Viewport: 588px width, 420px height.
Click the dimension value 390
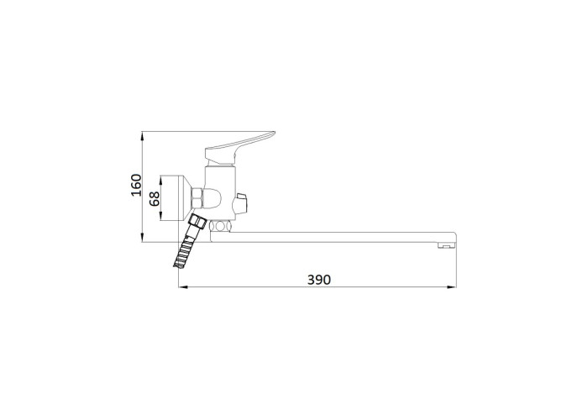(x=319, y=280)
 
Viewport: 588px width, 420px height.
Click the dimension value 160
(x=136, y=185)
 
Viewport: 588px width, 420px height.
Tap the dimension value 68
(x=155, y=198)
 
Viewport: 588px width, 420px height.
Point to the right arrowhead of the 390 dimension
(x=452, y=287)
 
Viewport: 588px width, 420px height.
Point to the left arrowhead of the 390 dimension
(x=183, y=287)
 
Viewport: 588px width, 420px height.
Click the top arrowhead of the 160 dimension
(x=143, y=136)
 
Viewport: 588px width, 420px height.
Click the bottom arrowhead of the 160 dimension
(x=143, y=238)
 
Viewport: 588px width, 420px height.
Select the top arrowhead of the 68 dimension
(x=160, y=181)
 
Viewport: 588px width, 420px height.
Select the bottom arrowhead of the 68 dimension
(x=160, y=216)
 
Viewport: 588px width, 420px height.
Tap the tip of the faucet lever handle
(x=275, y=132)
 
